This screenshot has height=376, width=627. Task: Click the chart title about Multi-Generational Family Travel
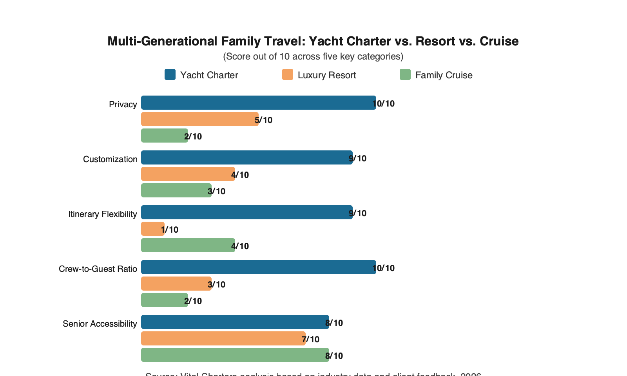(313, 41)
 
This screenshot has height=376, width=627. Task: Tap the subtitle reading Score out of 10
(313, 56)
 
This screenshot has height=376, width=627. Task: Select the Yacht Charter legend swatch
(170, 74)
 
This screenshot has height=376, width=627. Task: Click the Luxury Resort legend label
(326, 75)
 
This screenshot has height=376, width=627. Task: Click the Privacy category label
(123, 105)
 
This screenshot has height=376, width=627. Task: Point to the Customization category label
(110, 159)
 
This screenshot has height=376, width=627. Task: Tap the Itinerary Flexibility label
(102, 214)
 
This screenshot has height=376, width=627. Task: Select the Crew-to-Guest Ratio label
(98, 269)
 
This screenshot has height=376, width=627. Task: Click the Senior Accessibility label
(100, 324)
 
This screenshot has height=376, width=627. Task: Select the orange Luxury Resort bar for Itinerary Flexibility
(152, 229)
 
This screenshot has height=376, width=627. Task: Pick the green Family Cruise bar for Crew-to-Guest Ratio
(164, 300)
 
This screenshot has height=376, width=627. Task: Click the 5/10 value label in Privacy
(264, 120)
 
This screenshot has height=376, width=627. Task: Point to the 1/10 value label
(170, 230)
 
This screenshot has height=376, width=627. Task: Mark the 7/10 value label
(311, 340)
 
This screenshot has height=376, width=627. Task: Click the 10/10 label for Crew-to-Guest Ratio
(384, 268)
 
